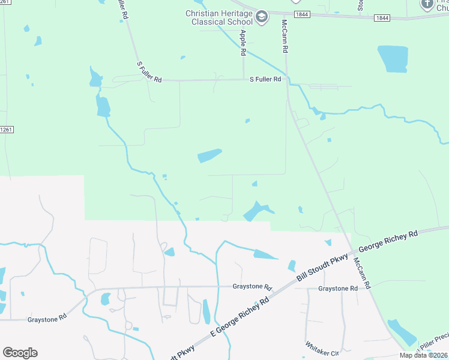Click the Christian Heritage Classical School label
point(219,17)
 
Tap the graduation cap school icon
point(262,17)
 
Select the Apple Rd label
point(243,43)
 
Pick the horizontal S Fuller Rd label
point(265,79)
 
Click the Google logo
point(20,353)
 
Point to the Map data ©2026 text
point(423,355)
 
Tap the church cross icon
point(427,5)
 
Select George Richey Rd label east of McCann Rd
point(388,242)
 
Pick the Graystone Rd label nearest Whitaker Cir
point(338,289)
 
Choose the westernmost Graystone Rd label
point(46,320)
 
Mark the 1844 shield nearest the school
point(303,14)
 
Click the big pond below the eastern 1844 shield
point(393,59)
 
